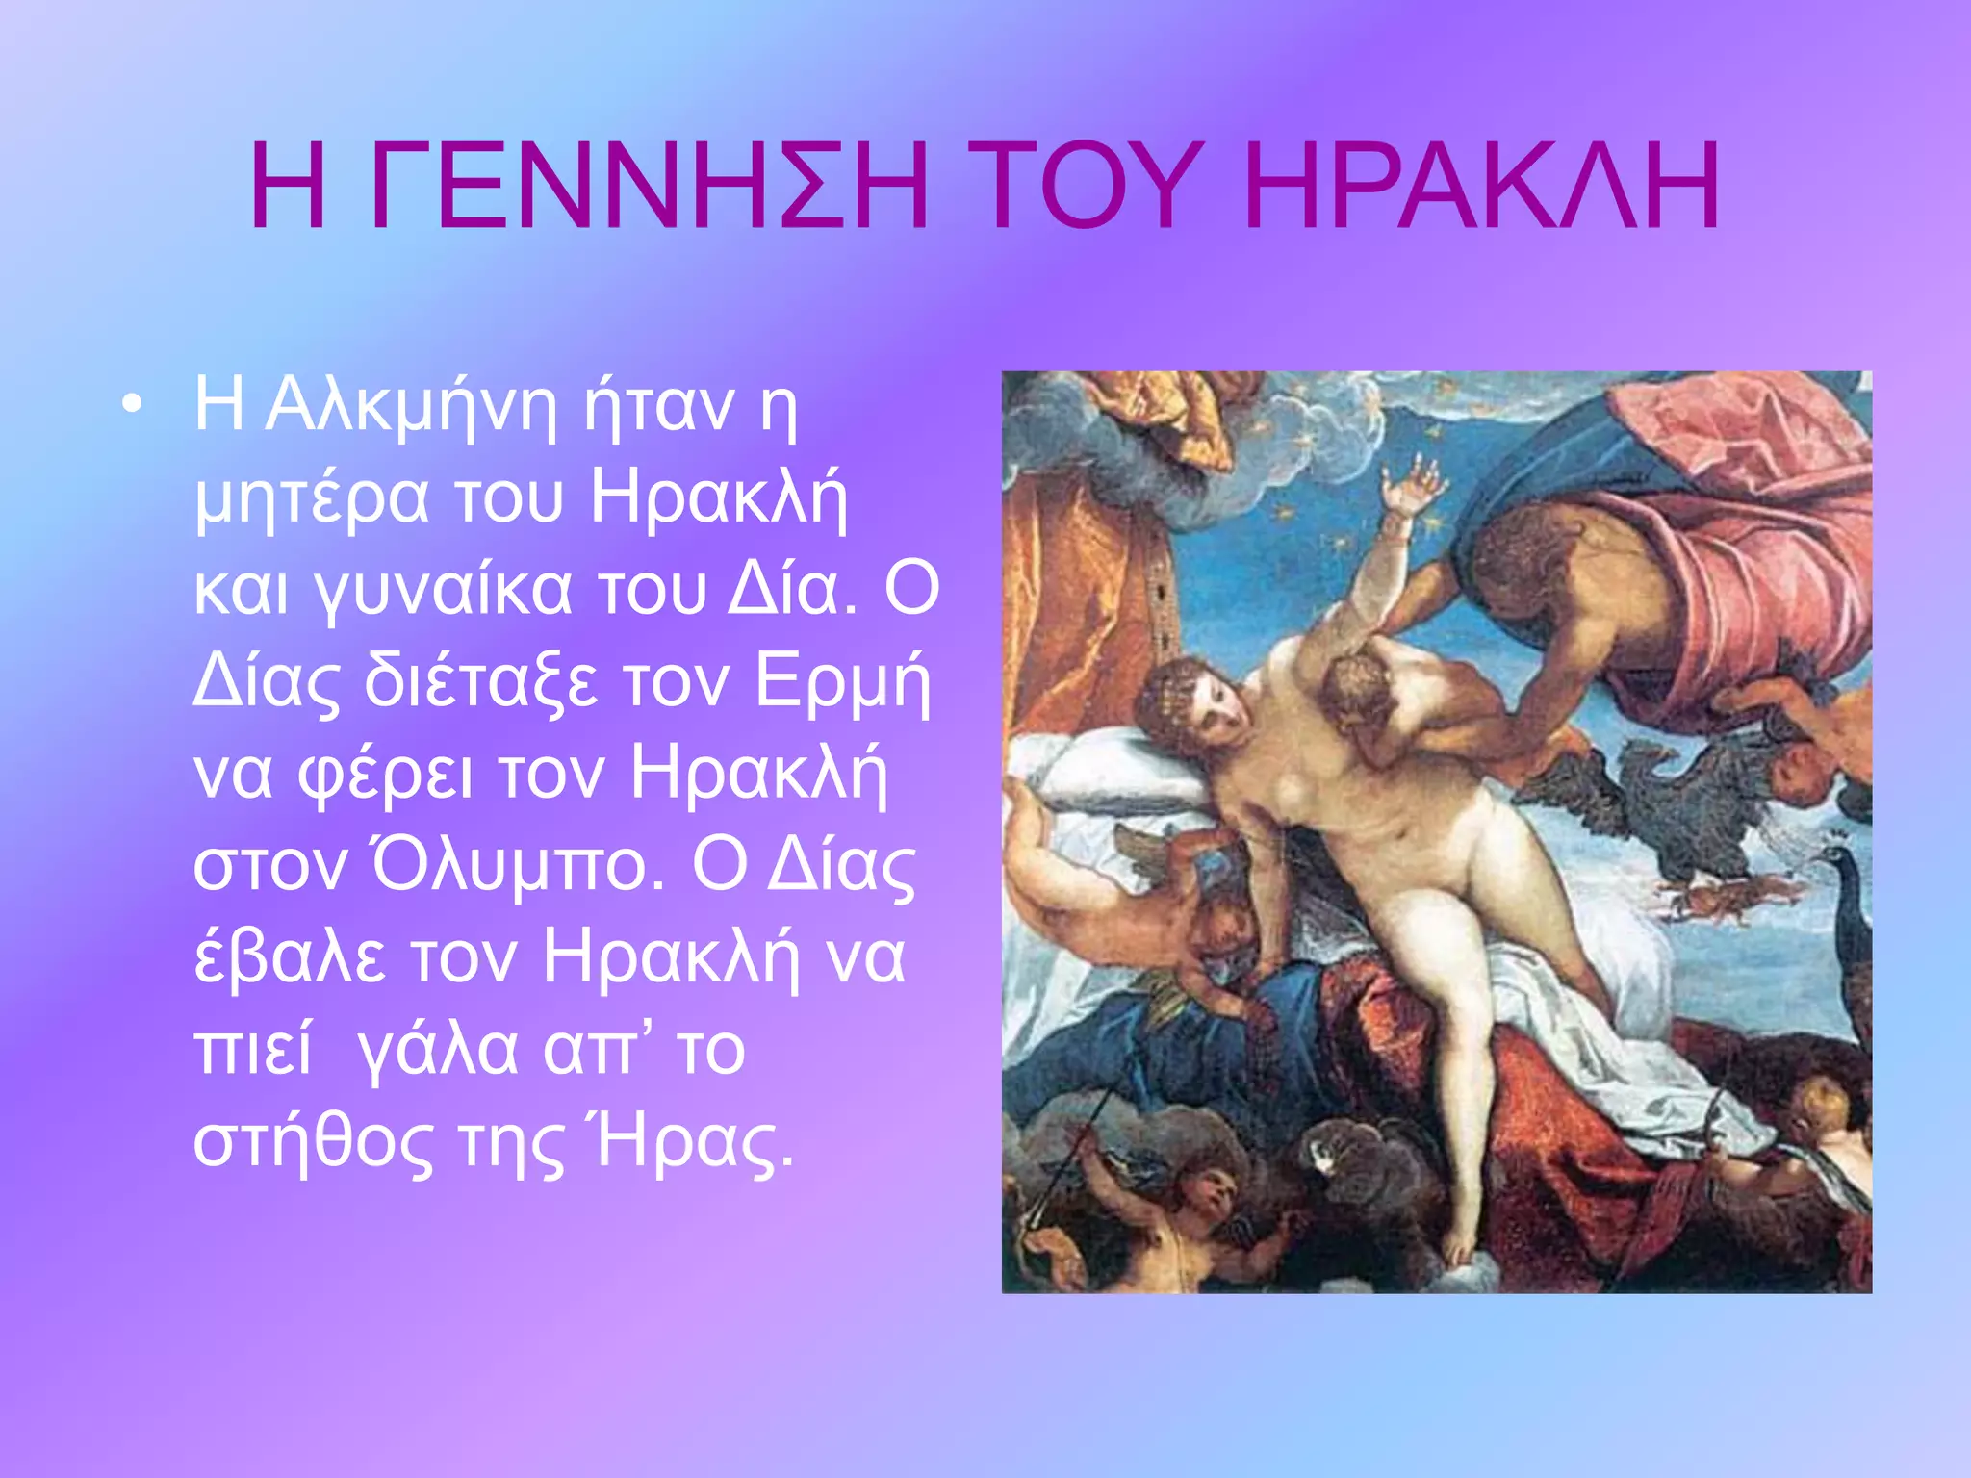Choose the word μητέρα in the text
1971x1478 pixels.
click(x=312, y=499)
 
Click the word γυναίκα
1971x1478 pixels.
click(x=444, y=590)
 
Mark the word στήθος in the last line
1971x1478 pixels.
click(x=314, y=1142)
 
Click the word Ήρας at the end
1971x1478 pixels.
click(x=694, y=1142)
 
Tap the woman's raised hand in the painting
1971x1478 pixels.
click(x=1411, y=486)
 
